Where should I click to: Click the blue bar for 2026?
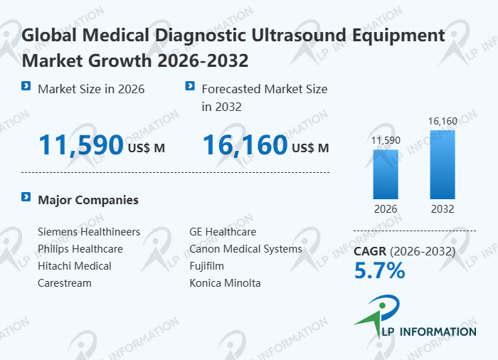click(386, 174)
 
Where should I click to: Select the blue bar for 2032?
click(443, 164)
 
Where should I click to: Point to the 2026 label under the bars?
click(386, 209)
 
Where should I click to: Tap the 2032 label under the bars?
click(443, 209)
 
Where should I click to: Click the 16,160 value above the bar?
click(443, 122)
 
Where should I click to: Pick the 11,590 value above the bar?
click(386, 140)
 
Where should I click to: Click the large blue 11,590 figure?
click(80, 145)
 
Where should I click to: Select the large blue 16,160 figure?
click(245, 145)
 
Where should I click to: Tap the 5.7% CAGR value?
click(379, 270)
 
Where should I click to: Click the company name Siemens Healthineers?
click(89, 232)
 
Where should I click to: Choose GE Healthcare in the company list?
click(223, 232)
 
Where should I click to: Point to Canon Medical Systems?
click(245, 249)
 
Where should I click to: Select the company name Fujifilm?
click(206, 266)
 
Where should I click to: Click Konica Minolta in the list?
click(225, 283)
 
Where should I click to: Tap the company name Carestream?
click(65, 283)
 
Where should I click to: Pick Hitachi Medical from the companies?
click(75, 266)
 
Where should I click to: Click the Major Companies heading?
click(88, 200)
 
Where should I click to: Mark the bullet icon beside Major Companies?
click(26, 197)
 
